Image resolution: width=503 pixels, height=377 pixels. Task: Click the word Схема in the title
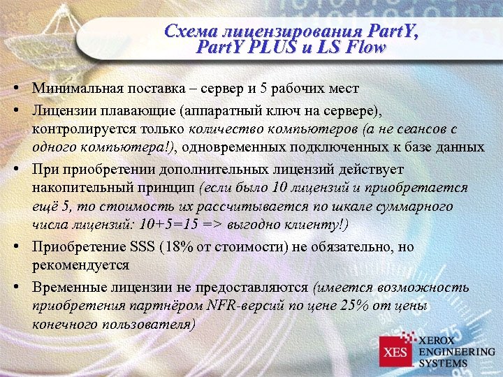click(191, 31)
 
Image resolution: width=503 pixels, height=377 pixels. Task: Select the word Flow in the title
click(364, 47)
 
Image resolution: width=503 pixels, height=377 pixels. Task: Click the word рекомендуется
click(80, 265)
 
